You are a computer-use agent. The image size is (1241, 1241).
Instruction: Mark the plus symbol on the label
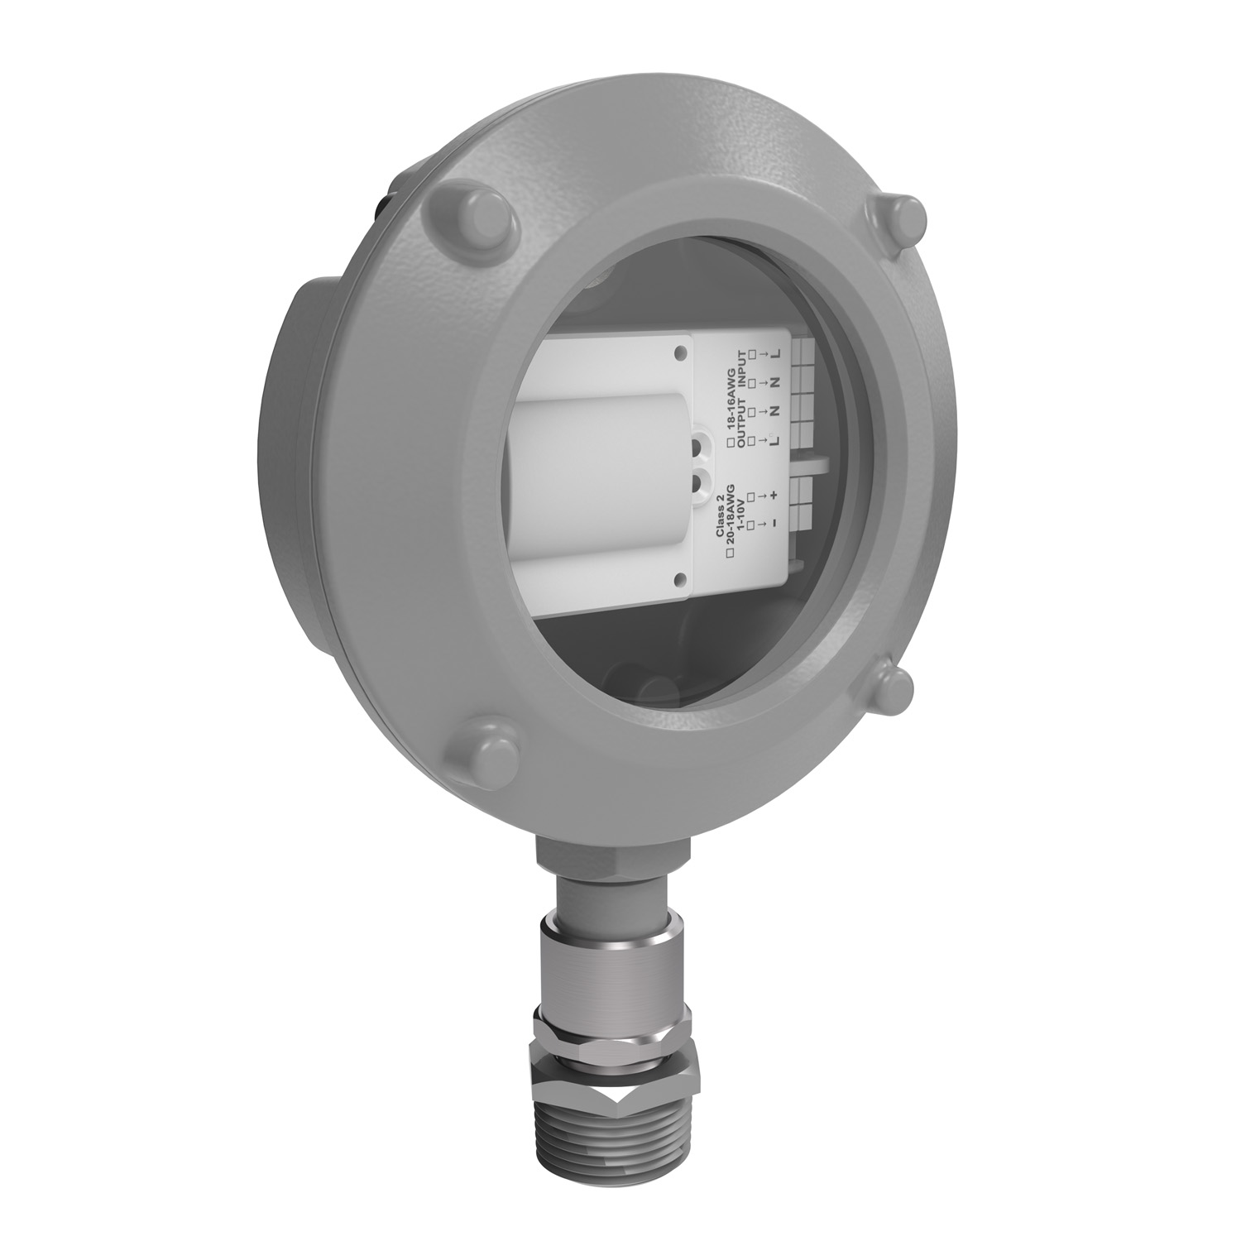pyautogui.click(x=774, y=496)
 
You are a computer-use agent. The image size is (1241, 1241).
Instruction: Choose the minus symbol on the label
pyautogui.click(x=774, y=524)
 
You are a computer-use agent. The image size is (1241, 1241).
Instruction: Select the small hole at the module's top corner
pyautogui.click(x=679, y=354)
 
